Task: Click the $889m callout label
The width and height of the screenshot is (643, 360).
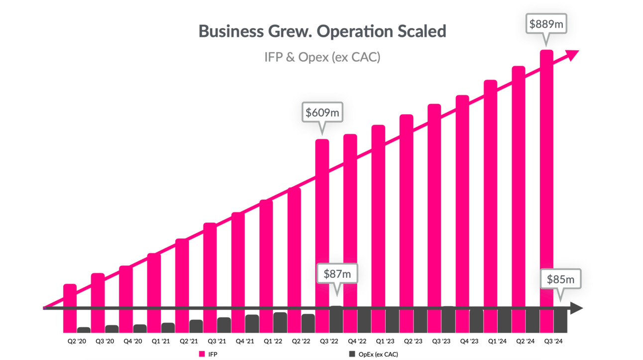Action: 546,23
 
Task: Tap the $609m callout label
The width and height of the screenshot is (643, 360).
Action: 322,113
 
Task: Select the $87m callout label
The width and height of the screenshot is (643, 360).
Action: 337,273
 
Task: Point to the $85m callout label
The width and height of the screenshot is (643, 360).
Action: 560,279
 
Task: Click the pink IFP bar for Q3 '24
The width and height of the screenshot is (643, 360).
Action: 546,189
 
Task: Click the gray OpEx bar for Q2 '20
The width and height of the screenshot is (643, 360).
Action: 84,330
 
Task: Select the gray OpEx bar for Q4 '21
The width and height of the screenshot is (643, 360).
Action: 252,324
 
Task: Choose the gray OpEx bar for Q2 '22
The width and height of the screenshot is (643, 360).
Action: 308,323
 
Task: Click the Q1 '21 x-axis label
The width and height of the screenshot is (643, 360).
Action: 160,342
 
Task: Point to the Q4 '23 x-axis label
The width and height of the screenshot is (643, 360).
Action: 469,342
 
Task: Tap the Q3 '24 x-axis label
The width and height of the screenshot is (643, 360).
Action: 553,342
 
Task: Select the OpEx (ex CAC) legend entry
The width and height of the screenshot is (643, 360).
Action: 373,354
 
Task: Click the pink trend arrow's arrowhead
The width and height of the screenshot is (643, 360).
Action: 572,54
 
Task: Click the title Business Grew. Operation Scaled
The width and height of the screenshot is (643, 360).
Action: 322,31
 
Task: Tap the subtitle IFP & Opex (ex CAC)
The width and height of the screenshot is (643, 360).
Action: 322,57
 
